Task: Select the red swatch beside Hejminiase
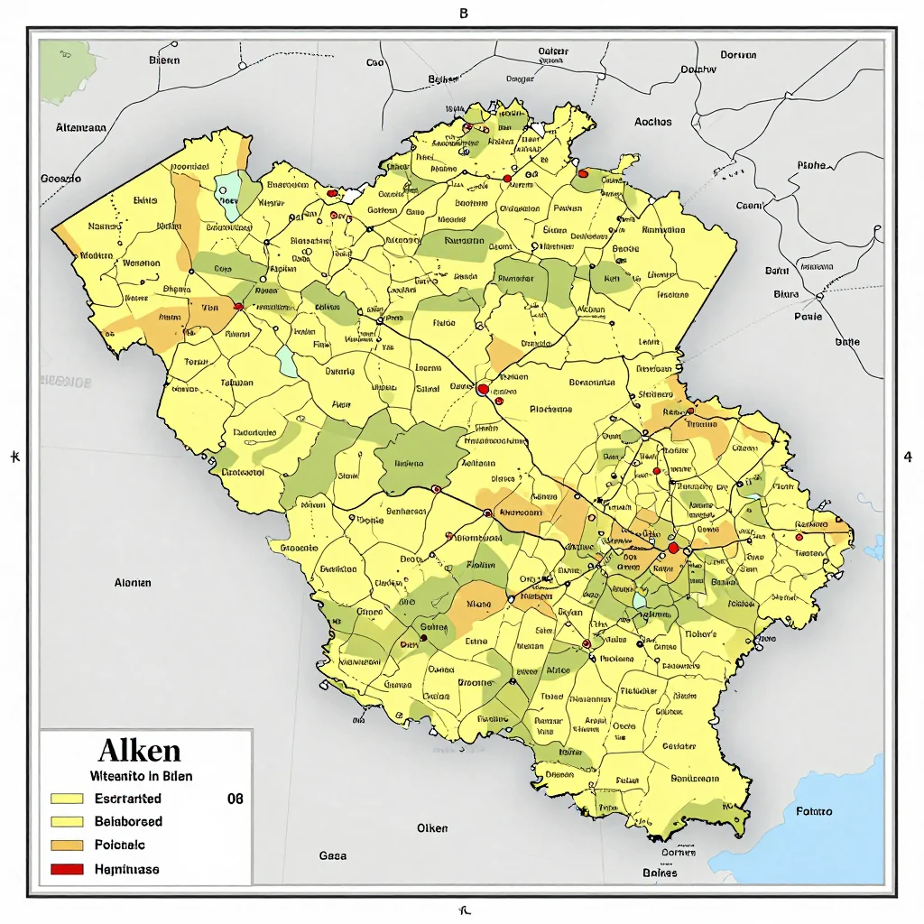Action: pos(68,869)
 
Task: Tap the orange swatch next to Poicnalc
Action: pos(68,845)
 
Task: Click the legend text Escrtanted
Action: pos(127,799)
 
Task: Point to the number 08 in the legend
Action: pos(235,799)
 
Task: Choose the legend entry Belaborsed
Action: pos(128,822)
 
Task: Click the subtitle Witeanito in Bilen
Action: pos(140,775)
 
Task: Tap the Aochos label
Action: pos(652,122)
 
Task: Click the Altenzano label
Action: pos(81,128)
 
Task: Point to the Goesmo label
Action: pos(61,179)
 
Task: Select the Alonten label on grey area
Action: pos(133,583)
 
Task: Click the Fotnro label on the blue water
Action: pos(814,811)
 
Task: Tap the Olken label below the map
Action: pos(431,828)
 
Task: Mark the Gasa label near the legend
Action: pos(333,855)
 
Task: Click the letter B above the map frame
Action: pos(464,14)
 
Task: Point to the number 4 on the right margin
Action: pos(907,457)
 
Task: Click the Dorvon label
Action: pos(738,55)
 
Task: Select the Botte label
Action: pos(847,342)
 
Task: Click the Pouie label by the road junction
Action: pos(808,317)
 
